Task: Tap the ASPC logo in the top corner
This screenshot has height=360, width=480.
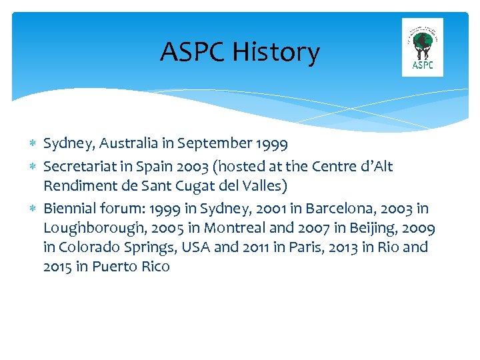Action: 423,47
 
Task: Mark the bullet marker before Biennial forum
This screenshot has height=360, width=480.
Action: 33,209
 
